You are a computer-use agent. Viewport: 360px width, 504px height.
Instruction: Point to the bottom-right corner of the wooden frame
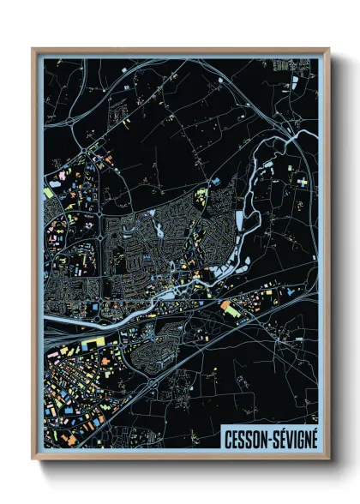[328, 459]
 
